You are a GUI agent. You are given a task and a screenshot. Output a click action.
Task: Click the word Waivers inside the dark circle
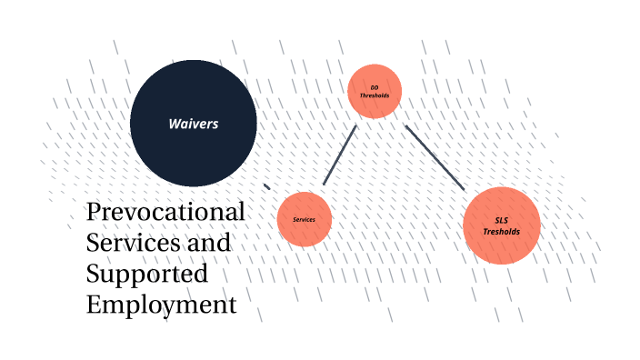(x=193, y=124)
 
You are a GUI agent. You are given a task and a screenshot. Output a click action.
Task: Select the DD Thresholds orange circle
(x=374, y=91)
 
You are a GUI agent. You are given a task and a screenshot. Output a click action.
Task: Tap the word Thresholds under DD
(x=374, y=95)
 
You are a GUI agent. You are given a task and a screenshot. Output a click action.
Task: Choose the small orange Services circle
(x=304, y=219)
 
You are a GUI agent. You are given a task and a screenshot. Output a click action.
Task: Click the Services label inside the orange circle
(x=304, y=220)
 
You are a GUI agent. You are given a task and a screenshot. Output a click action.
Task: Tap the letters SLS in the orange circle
(x=502, y=221)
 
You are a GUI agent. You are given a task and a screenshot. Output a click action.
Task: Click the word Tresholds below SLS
(x=502, y=232)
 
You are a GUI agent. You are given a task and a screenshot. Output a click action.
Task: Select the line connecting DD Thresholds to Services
(x=339, y=155)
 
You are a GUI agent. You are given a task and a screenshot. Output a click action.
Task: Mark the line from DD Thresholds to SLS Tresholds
(x=435, y=157)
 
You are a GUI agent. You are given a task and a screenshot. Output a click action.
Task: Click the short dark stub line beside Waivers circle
(x=266, y=186)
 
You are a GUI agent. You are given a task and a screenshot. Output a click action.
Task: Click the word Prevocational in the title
(x=165, y=214)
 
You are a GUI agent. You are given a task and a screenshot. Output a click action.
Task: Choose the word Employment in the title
(x=161, y=305)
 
